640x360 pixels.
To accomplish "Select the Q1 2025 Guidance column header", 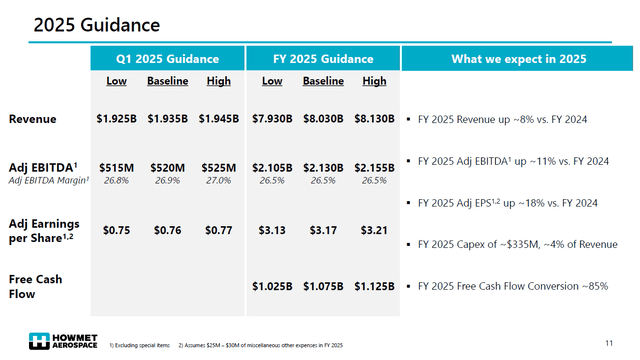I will (167, 59).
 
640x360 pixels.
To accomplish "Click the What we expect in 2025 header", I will (519, 59).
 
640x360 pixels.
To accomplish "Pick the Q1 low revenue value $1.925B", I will (117, 119).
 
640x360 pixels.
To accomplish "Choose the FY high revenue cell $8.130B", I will (374, 119).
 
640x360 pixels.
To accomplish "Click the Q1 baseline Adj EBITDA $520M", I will (168, 168).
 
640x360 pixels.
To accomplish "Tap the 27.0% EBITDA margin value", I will (220, 181).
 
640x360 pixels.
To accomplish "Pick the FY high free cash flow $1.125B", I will (374, 286).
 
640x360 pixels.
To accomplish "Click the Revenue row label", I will (32, 119).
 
